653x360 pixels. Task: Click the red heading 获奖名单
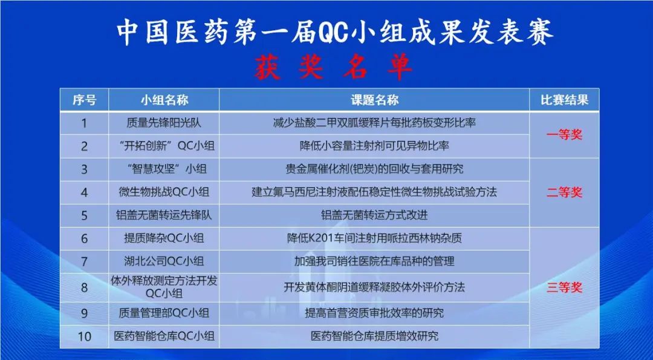[x=333, y=67]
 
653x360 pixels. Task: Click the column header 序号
[x=84, y=100]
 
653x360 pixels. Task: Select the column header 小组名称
[x=164, y=100]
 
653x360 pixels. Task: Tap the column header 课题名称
[x=374, y=100]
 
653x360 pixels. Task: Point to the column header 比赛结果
[x=564, y=100]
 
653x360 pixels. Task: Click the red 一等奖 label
[x=564, y=134]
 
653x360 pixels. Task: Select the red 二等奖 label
[x=564, y=192]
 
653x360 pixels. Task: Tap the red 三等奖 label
[x=564, y=287]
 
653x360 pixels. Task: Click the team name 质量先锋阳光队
[x=164, y=123]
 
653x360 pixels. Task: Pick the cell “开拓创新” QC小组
[x=164, y=146]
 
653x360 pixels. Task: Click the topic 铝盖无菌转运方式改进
[x=374, y=215]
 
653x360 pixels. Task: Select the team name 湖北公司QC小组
[x=164, y=261]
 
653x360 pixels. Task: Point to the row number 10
[x=84, y=336]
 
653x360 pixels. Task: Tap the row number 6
[x=84, y=238]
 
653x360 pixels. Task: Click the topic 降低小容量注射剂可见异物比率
[x=374, y=146]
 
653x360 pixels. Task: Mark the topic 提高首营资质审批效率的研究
[x=374, y=313]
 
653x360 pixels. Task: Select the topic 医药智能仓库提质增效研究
[x=374, y=336]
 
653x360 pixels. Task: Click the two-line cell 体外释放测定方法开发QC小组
[x=164, y=287]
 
